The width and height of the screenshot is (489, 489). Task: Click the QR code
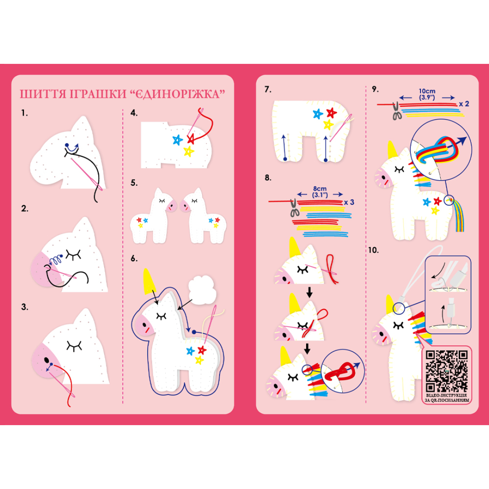coord(446,371)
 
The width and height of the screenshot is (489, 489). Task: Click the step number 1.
coord(24,113)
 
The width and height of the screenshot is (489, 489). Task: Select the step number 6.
coord(134,259)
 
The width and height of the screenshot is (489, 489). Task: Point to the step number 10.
coord(373,250)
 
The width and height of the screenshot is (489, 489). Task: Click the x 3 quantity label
coord(349,202)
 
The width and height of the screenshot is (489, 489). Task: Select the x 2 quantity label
coord(464,104)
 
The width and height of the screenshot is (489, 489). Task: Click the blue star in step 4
coord(178,140)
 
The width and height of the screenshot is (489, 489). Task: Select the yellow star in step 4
coord(189,152)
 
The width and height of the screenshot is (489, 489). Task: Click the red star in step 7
coord(331,113)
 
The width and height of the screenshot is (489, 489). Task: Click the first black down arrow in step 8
coord(309,292)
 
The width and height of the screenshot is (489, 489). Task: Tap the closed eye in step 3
coord(74,345)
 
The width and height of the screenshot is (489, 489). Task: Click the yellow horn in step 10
coord(389,305)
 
